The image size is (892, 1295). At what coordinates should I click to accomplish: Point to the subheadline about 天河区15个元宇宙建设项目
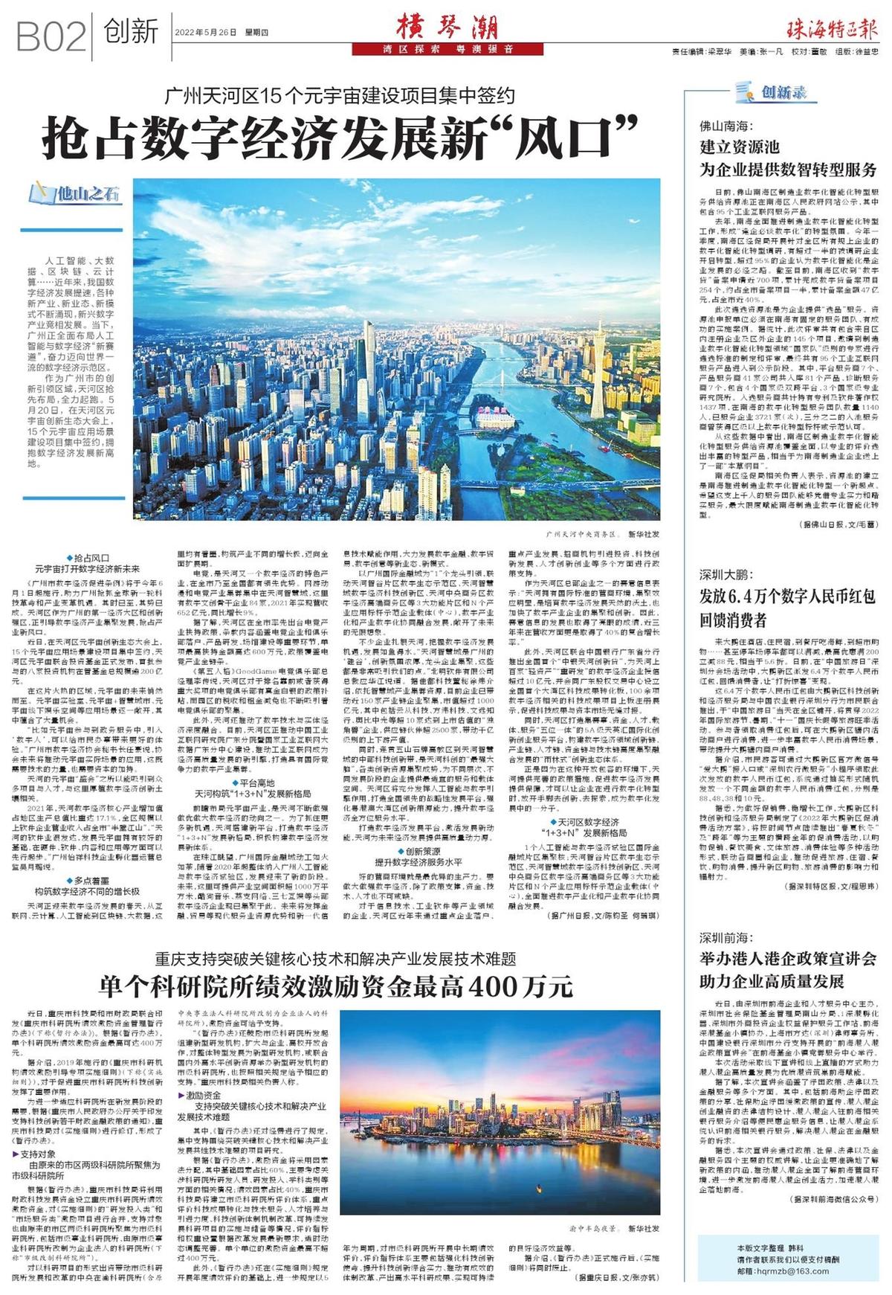pos(341,95)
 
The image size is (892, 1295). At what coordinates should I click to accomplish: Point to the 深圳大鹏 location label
pos(727,575)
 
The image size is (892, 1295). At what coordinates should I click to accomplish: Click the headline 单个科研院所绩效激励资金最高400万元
pos(336,987)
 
